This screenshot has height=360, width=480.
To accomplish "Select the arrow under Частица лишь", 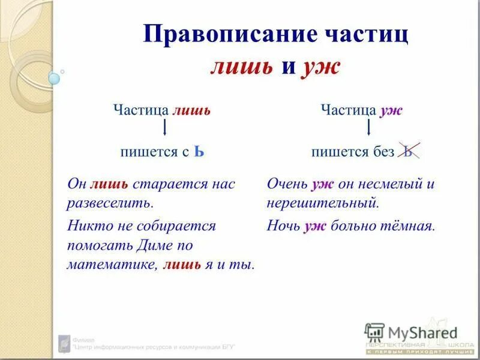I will [164, 128].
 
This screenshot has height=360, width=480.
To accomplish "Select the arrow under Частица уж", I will [368, 128].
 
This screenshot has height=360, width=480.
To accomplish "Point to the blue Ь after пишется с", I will [199, 151].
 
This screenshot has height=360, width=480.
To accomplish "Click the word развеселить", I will [110, 202].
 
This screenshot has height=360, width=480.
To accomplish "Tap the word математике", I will [112, 265].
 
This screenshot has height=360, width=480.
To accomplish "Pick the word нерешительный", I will [323, 202].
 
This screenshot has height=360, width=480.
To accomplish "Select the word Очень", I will [287, 184].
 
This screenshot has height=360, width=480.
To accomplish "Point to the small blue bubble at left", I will [54, 77].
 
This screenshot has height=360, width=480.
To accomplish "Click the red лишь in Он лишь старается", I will [109, 184].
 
